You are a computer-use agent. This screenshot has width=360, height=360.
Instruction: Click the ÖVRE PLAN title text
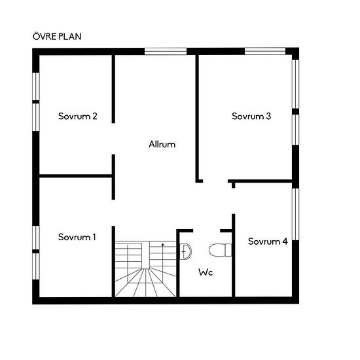point(57,37)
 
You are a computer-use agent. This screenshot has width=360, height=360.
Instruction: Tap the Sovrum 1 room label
point(77,237)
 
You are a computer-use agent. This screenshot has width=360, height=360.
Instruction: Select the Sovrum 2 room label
point(78,116)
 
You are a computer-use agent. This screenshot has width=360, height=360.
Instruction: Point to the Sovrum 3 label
point(251,116)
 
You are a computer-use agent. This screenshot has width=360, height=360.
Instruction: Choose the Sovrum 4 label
point(268,242)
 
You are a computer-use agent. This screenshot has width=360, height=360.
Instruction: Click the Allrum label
point(162,144)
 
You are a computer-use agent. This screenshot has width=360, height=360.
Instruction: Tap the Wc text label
point(206,272)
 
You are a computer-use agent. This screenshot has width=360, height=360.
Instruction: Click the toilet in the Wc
point(220,250)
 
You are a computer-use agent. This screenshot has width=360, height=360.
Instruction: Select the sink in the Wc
point(185,251)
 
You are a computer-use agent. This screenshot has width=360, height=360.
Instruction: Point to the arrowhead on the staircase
point(163,245)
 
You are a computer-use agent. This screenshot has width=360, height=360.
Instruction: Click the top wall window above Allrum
point(166,51)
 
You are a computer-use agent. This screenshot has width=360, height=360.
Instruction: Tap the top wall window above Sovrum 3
point(265,51)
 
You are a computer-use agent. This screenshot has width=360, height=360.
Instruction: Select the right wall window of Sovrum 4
point(295,214)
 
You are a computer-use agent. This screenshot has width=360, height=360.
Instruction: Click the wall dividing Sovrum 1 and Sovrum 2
point(75,176)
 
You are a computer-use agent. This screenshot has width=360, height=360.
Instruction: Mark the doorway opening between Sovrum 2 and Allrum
point(113,139)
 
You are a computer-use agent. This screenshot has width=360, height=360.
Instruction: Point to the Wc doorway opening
point(207,231)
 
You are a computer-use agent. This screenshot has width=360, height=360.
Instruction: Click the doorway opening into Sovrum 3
point(215,181)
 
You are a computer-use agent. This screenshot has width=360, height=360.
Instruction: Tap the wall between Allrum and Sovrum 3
point(197,118)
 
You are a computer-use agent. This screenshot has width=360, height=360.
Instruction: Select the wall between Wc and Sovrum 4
point(233,255)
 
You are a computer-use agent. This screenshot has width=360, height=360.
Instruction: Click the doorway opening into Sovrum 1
point(113,213)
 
